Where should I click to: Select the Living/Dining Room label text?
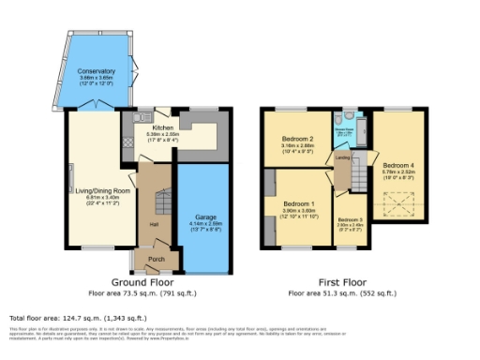tap(92, 191)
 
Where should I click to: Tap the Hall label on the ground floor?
tap(152, 224)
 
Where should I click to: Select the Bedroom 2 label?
tap(296, 139)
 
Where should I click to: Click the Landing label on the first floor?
tap(342, 158)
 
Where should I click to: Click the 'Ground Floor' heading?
tap(142, 282)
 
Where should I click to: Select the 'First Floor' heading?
tap(340, 282)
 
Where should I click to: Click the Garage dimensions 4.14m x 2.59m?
tap(205, 225)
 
